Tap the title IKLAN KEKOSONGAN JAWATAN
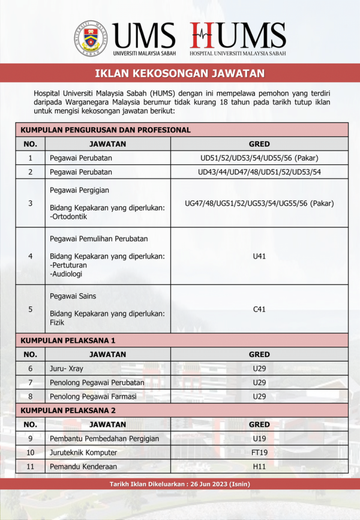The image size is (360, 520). (179, 74)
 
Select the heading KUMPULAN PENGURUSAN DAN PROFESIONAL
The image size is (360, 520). (106, 130)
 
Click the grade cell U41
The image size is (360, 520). (259, 256)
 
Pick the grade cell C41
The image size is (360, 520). (259, 309)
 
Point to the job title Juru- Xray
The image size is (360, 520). (67, 368)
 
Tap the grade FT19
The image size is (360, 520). (259, 453)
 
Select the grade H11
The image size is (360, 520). (259, 467)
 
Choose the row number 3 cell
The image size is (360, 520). (31, 203)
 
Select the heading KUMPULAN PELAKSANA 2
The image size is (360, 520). (68, 410)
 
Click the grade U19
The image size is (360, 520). (259, 438)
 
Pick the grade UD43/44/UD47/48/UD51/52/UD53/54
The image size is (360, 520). (259, 172)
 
